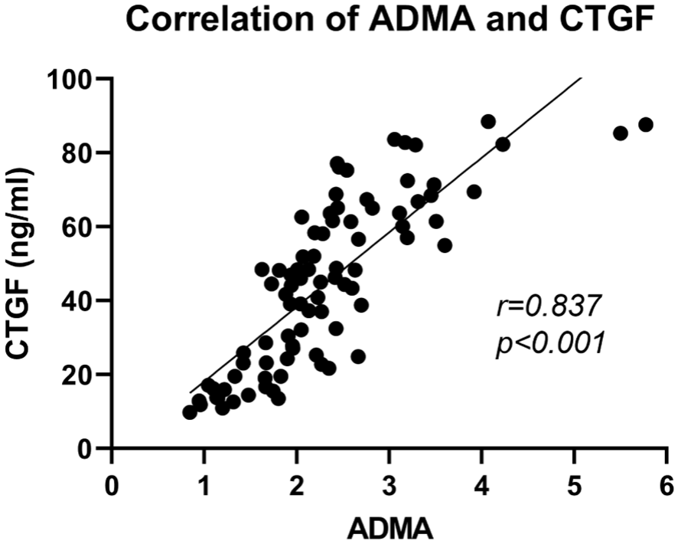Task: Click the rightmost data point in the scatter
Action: pos(646,125)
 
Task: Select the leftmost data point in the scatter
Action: pos(190,412)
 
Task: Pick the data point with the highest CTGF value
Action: pos(488,122)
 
